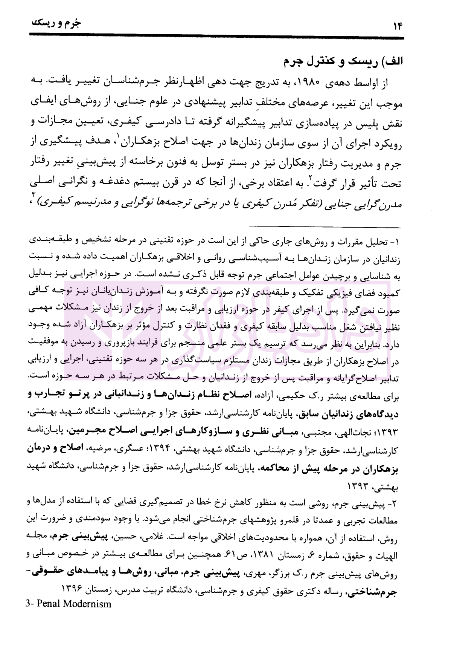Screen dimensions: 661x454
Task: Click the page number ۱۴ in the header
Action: (398, 25)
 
